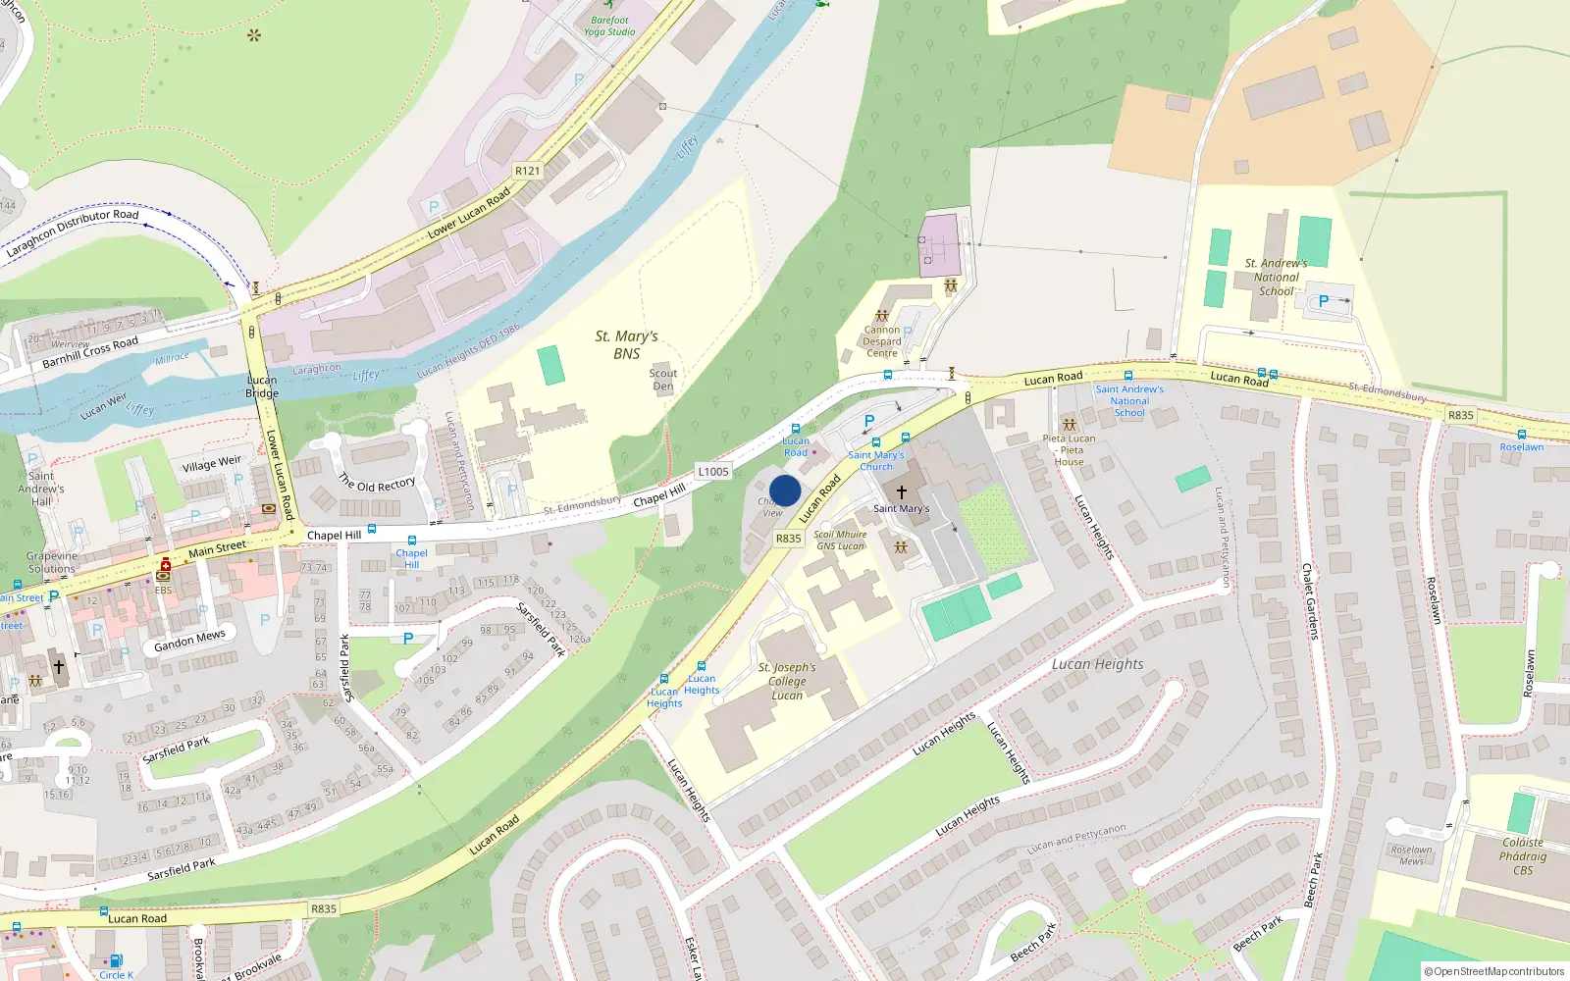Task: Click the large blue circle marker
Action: (x=785, y=490)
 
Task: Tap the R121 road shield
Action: (x=527, y=171)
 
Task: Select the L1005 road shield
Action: (x=713, y=472)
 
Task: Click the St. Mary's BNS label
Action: (x=626, y=344)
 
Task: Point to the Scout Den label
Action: (x=663, y=380)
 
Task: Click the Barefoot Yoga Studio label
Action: (x=609, y=26)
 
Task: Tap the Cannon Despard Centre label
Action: (x=881, y=341)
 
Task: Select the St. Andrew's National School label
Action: (x=1276, y=277)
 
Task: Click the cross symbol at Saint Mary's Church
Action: (x=901, y=491)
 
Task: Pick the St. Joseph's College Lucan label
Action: (x=787, y=681)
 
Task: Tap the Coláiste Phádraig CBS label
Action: (x=1523, y=855)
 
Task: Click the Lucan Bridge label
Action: (x=262, y=387)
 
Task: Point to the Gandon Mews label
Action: (x=189, y=641)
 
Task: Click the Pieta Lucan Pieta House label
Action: (x=1070, y=450)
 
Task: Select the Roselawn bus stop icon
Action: (x=1522, y=434)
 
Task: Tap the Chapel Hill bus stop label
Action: (x=411, y=558)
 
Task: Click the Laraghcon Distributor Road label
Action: (x=73, y=232)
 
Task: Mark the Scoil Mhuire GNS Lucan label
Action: (x=841, y=541)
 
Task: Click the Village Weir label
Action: (x=211, y=463)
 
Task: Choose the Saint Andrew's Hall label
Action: (x=41, y=489)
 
